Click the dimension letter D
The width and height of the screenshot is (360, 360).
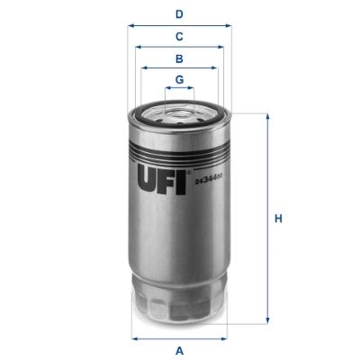tap(180, 13)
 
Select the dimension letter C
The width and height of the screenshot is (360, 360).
tap(180, 36)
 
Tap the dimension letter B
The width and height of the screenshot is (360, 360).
tap(180, 58)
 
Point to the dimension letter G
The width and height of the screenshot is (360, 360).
tap(180, 79)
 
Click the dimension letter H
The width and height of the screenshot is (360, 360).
tap(279, 219)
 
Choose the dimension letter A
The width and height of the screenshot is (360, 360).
tap(180, 349)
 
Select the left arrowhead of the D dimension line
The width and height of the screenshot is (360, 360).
tap(131, 25)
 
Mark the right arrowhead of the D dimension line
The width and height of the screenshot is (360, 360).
tap(229, 25)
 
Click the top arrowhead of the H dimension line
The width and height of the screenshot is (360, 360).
tap(267, 117)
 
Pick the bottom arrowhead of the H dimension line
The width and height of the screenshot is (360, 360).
tap(267, 320)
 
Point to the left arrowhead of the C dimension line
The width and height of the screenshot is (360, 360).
tap(138, 47)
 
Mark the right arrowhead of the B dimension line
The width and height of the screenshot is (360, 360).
tap(216, 67)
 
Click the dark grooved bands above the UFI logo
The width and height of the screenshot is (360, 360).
tap(180, 139)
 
